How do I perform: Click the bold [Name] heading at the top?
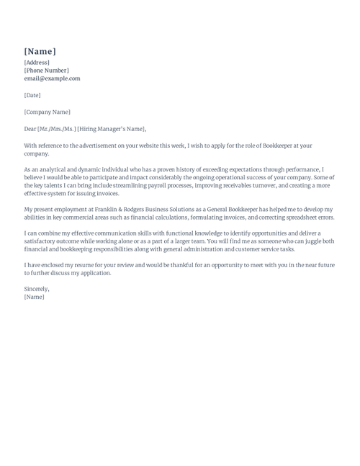(x=40, y=51)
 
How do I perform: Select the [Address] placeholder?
(x=37, y=63)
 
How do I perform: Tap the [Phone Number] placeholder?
(x=46, y=71)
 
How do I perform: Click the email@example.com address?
(x=52, y=79)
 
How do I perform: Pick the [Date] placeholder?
(x=32, y=95)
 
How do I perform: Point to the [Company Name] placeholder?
(x=47, y=112)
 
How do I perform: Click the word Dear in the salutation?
(x=30, y=129)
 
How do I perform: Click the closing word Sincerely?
(x=37, y=289)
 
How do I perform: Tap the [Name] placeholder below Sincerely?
(x=34, y=297)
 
